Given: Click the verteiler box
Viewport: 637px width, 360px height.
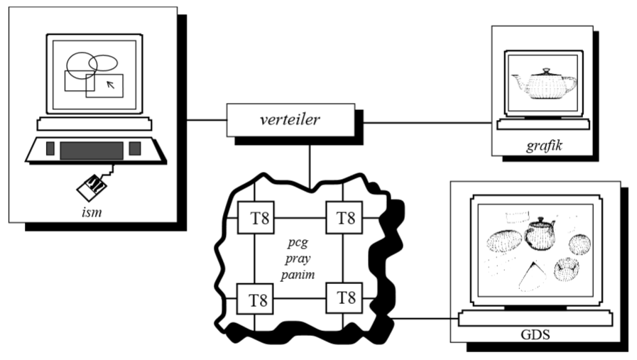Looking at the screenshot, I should (290, 119).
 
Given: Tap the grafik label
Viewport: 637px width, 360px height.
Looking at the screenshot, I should (543, 146).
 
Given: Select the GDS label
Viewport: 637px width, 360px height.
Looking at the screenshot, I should (535, 333).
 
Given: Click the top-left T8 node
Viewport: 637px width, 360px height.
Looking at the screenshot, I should (255, 217).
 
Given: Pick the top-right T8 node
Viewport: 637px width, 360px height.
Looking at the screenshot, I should (344, 217).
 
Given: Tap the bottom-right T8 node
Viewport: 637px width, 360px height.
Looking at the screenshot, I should (344, 298).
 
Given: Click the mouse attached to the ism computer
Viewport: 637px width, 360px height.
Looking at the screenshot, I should (92, 187).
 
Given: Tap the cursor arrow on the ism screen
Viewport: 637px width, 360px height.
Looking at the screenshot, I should (109, 86).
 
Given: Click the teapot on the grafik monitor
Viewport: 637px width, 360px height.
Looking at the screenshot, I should (543, 83).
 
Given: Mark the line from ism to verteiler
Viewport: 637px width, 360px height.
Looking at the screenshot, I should (206, 119).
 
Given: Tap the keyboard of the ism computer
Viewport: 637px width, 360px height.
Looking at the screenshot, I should (92, 150).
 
